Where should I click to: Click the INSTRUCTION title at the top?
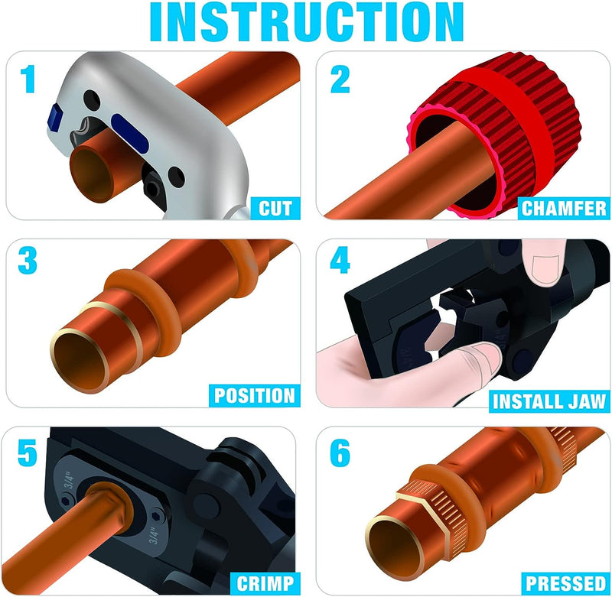[306, 23]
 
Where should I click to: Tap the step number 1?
[28, 79]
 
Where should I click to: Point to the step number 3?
[29, 261]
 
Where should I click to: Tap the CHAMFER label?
[564, 207]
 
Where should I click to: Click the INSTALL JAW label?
[549, 400]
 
